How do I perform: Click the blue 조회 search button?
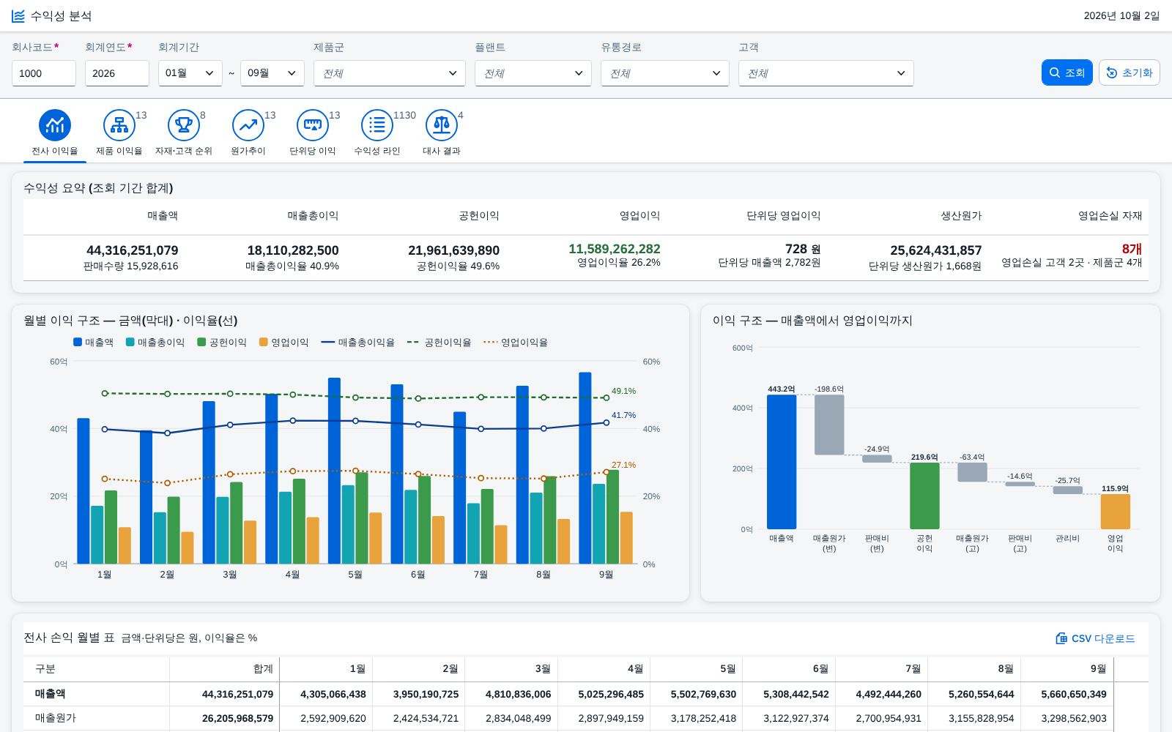(1067, 72)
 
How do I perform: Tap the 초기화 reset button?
(1129, 72)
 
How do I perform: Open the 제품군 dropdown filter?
(389, 73)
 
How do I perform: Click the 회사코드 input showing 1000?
(44, 73)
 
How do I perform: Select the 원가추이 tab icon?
(248, 125)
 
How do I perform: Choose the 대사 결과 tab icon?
(442, 125)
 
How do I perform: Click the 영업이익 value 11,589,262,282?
(615, 249)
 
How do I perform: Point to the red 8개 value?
(1132, 249)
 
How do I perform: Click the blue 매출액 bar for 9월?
(585, 468)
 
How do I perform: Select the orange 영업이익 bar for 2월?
(188, 548)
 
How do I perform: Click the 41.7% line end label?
(623, 415)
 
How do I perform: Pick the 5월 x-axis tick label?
(355, 575)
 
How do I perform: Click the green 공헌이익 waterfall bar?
(924, 496)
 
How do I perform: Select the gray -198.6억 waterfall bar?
(829, 425)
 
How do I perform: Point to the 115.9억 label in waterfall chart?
(1115, 488)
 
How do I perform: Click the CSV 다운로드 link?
(1095, 638)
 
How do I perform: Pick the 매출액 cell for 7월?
(889, 695)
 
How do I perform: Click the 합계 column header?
(263, 669)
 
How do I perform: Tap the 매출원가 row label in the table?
(56, 718)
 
